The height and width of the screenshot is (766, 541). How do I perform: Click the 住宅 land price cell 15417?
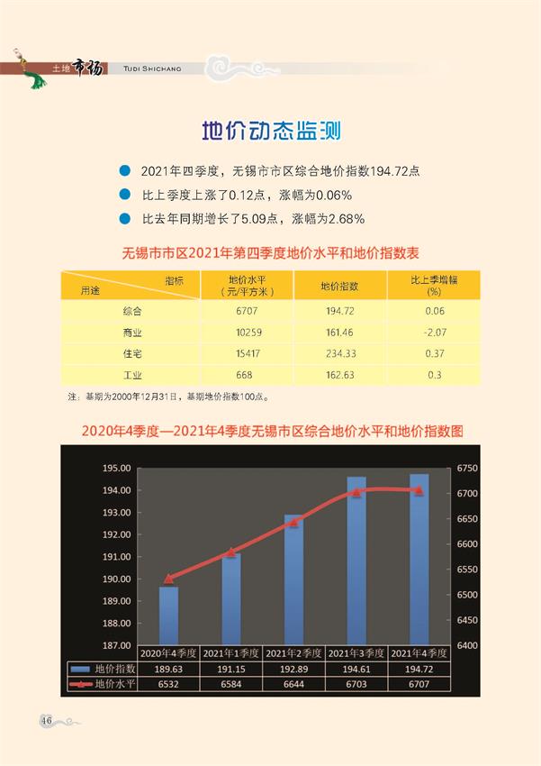244,353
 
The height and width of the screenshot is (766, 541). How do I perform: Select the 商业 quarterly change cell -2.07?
434,332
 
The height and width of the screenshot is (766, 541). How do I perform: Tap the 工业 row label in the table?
133,374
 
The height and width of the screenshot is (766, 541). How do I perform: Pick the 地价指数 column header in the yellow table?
339,286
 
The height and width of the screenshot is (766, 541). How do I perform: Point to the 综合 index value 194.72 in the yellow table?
339,311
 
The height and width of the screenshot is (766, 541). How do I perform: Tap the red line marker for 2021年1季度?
231,552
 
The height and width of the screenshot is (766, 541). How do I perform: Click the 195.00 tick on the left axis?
117,469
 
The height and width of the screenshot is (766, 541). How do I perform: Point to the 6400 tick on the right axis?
469,646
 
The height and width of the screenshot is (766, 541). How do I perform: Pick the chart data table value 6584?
231,685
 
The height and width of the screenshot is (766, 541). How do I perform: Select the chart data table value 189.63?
168,669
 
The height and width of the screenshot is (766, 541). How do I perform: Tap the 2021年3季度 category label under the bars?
356,652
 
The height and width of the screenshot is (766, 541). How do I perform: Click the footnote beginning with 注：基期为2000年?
168,396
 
